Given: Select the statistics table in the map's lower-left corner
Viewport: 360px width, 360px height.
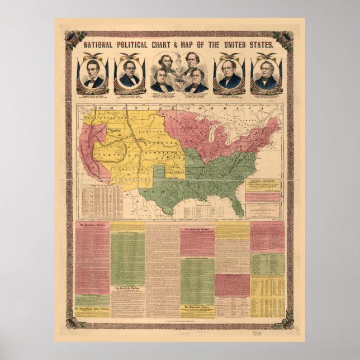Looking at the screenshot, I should click(x=101, y=201).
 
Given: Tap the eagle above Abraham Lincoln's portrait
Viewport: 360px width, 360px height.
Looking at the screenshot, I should click(x=93, y=56).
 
